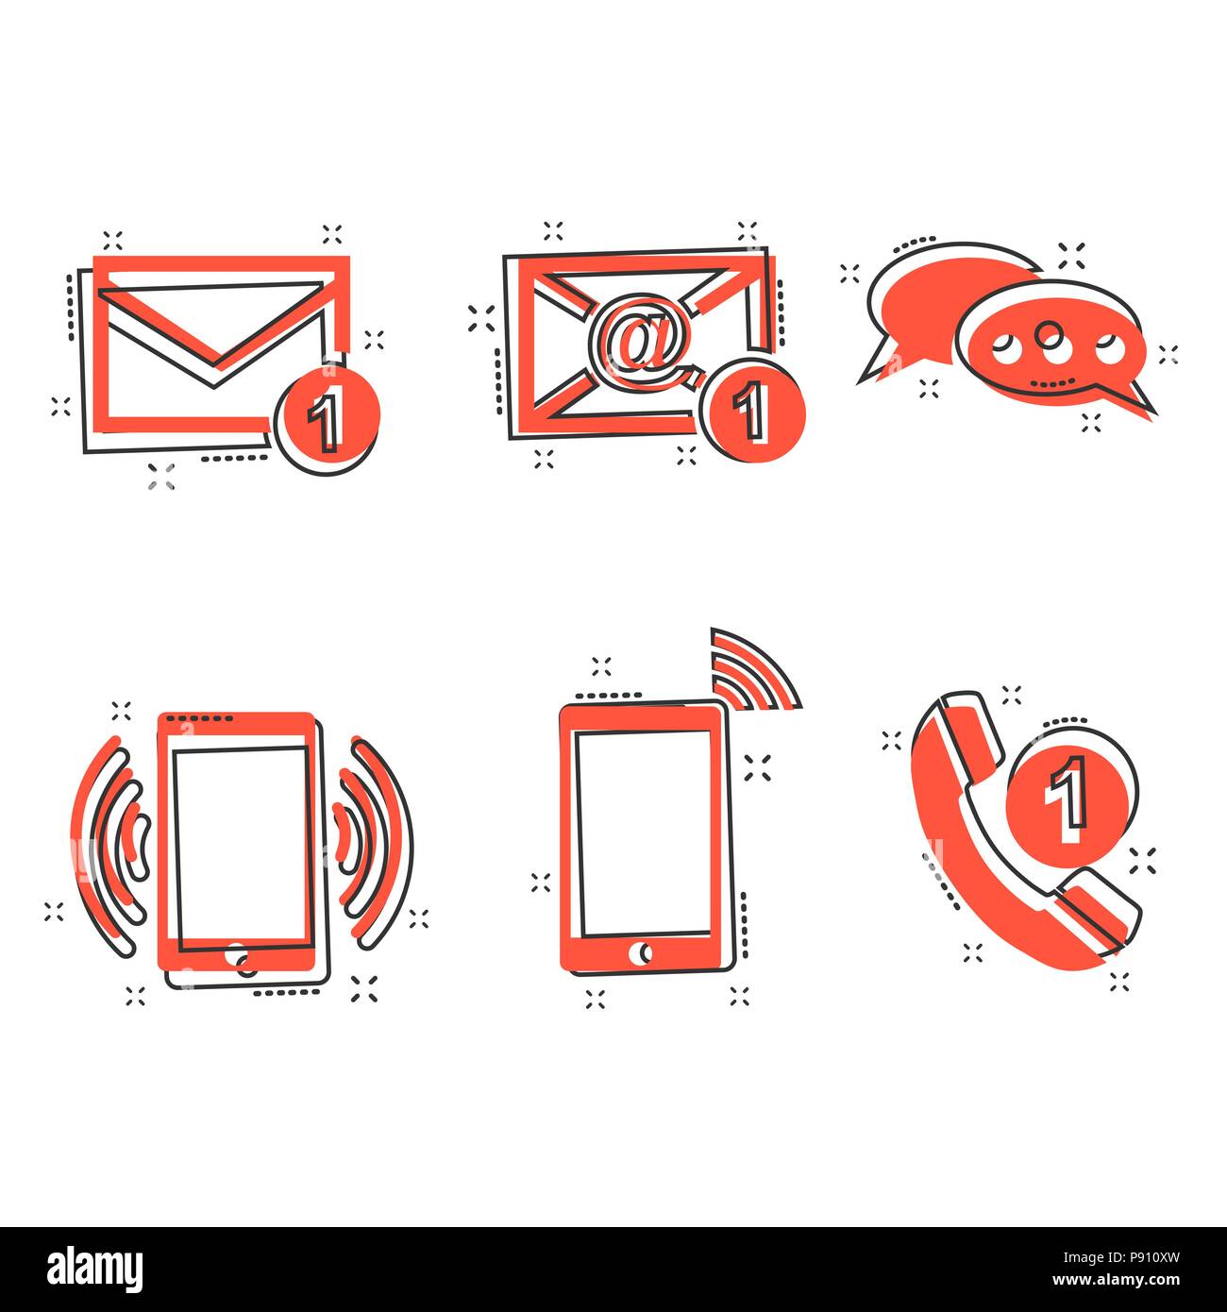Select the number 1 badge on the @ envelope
click(x=752, y=412)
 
